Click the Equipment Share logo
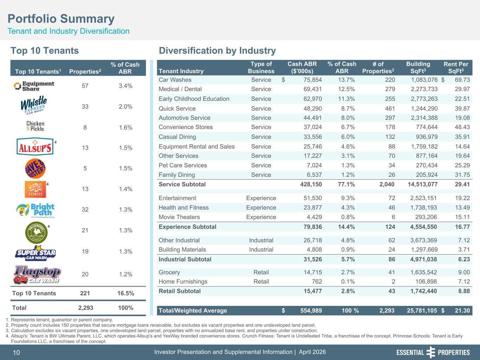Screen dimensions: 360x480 coord(34,86)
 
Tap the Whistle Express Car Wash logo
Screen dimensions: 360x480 coord(34,105)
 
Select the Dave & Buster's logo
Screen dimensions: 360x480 coord(35,168)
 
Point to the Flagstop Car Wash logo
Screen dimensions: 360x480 coord(37,275)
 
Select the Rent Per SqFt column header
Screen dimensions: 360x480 coord(456,67)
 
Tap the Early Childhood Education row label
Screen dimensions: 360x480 coord(194,99)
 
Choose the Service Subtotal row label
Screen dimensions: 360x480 coord(182,184)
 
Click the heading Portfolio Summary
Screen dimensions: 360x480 coord(61,19)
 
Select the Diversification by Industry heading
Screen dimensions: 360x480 coord(217,51)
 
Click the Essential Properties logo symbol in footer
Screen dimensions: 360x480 coord(431,352)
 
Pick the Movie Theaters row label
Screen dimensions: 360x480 coord(179,217)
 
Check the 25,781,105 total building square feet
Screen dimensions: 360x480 coord(422,310)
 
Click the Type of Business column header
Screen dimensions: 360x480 coord(261,67)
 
